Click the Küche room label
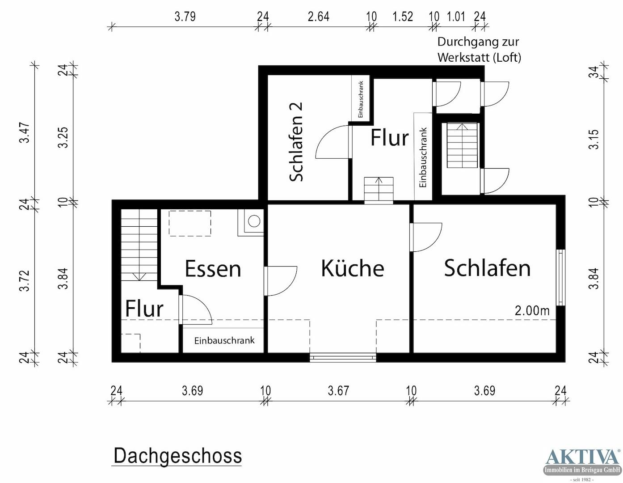352,268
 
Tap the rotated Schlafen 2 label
296,142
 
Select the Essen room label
213,269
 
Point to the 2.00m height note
532,310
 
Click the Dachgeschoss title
177,456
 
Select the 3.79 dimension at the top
185,17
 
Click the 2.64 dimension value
318,17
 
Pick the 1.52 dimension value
402,17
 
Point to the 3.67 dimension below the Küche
338,390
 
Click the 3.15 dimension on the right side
593,139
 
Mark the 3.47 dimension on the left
25,133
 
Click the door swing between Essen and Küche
281,281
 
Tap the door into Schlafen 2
333,142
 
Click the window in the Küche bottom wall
343,357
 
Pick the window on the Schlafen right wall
560,277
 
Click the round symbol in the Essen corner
254,221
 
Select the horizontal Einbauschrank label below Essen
224,340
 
